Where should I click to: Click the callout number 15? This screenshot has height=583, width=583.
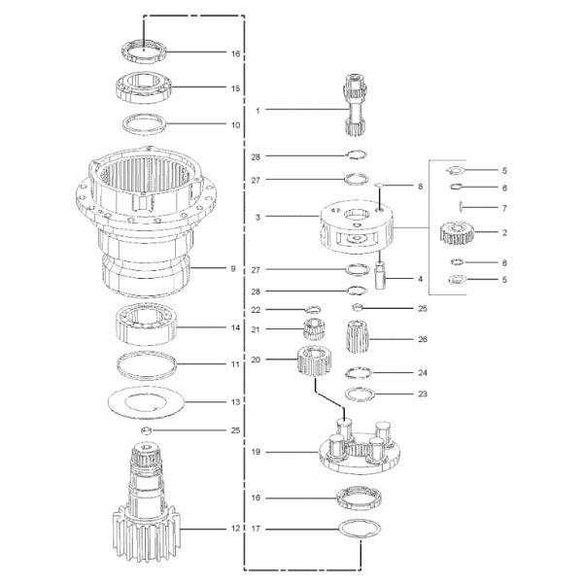(x=235, y=88)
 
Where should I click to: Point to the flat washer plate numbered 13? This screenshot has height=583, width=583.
(x=146, y=402)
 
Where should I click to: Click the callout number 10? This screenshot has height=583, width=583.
(x=236, y=125)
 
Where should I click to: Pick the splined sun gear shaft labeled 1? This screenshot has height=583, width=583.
(x=355, y=105)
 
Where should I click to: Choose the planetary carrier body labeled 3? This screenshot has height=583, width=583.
(x=357, y=226)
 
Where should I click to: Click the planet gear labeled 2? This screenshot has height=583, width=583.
(x=457, y=233)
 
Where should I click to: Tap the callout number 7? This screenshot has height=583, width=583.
(x=504, y=208)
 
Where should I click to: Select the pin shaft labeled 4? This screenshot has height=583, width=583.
(x=380, y=275)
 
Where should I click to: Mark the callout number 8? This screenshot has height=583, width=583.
(x=420, y=187)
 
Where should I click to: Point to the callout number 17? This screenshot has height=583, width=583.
(x=256, y=529)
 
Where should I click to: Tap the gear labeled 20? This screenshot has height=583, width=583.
(x=314, y=360)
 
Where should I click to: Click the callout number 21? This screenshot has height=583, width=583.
(x=256, y=329)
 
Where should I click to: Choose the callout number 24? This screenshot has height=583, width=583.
(x=423, y=372)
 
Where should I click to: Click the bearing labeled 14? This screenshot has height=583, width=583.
(x=146, y=325)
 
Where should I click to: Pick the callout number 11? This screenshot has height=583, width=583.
(x=235, y=364)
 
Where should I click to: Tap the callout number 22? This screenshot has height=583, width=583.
(x=256, y=310)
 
